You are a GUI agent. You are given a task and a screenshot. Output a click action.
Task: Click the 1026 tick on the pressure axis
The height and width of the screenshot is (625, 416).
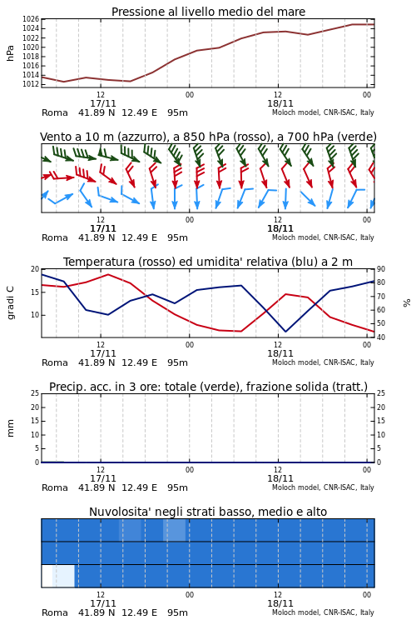(x=31, y=19)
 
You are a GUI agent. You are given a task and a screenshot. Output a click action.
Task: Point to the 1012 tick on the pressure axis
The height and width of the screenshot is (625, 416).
(x=31, y=84)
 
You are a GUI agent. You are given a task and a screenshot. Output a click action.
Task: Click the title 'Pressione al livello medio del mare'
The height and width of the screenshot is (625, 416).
(x=208, y=12)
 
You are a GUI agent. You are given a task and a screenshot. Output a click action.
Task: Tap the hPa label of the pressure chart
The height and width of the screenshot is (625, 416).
(x=10, y=53)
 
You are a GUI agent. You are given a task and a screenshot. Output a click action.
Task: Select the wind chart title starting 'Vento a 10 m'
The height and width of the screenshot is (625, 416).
(x=208, y=137)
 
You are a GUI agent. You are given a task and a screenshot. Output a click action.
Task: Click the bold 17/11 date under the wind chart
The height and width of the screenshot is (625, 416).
(x=103, y=228)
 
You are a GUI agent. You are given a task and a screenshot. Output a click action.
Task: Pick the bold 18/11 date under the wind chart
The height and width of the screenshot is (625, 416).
(x=280, y=228)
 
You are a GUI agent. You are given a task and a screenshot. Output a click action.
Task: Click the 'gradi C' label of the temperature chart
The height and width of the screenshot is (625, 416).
(x=10, y=302)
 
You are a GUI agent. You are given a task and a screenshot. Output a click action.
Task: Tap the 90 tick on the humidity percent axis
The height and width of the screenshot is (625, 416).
(x=381, y=269)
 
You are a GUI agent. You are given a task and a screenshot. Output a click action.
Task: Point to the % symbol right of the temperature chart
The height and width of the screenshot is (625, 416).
(x=407, y=303)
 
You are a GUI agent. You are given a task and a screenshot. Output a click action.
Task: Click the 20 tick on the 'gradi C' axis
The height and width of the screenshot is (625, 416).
(x=35, y=269)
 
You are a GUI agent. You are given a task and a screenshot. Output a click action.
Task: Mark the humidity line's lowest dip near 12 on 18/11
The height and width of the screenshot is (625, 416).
(x=285, y=332)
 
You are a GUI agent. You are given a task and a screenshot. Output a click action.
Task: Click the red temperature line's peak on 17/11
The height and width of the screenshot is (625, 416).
(x=108, y=274)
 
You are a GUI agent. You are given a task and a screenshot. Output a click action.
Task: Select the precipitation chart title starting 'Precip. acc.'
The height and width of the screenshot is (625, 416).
(x=208, y=387)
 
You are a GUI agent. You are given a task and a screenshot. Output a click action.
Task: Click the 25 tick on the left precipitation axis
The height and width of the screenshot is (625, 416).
(x=35, y=393)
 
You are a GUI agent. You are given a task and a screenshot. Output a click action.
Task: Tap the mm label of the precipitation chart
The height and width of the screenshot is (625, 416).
(x=10, y=428)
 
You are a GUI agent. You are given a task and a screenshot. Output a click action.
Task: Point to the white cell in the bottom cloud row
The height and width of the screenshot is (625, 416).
(x=47, y=576)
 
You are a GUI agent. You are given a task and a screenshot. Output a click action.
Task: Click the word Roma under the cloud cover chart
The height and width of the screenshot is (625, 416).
(x=55, y=612)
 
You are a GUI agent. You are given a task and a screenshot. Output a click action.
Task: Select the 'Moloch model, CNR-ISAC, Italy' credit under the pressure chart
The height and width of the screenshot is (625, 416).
(x=323, y=112)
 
